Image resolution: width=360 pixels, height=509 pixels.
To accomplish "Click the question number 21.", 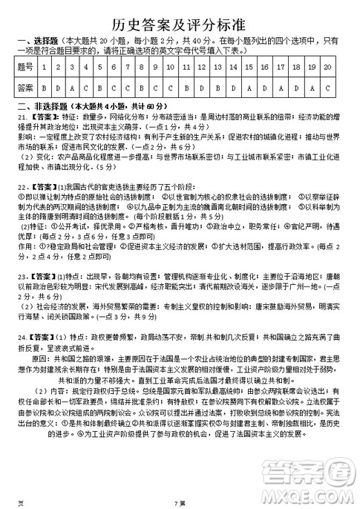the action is (x=22, y=117).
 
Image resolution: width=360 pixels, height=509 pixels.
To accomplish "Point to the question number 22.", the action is (x=22, y=185).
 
